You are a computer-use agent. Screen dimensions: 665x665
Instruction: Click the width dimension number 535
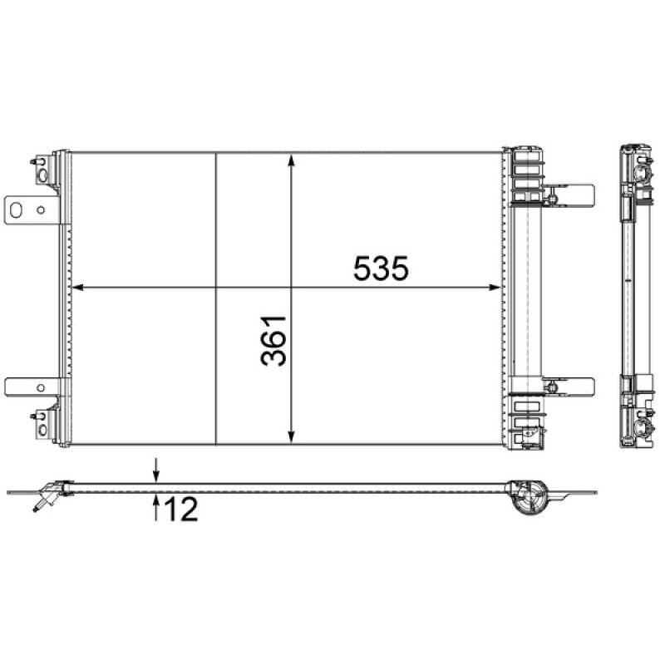(381, 268)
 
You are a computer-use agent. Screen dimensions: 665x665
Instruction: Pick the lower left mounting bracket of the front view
(30, 387)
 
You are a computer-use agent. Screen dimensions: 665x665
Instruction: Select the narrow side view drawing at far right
(636, 297)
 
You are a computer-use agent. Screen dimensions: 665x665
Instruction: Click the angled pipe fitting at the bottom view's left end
(46, 495)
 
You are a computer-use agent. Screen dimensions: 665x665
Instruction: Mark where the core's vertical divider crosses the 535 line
(216, 288)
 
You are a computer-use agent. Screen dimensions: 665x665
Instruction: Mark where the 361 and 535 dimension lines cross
(291, 288)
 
